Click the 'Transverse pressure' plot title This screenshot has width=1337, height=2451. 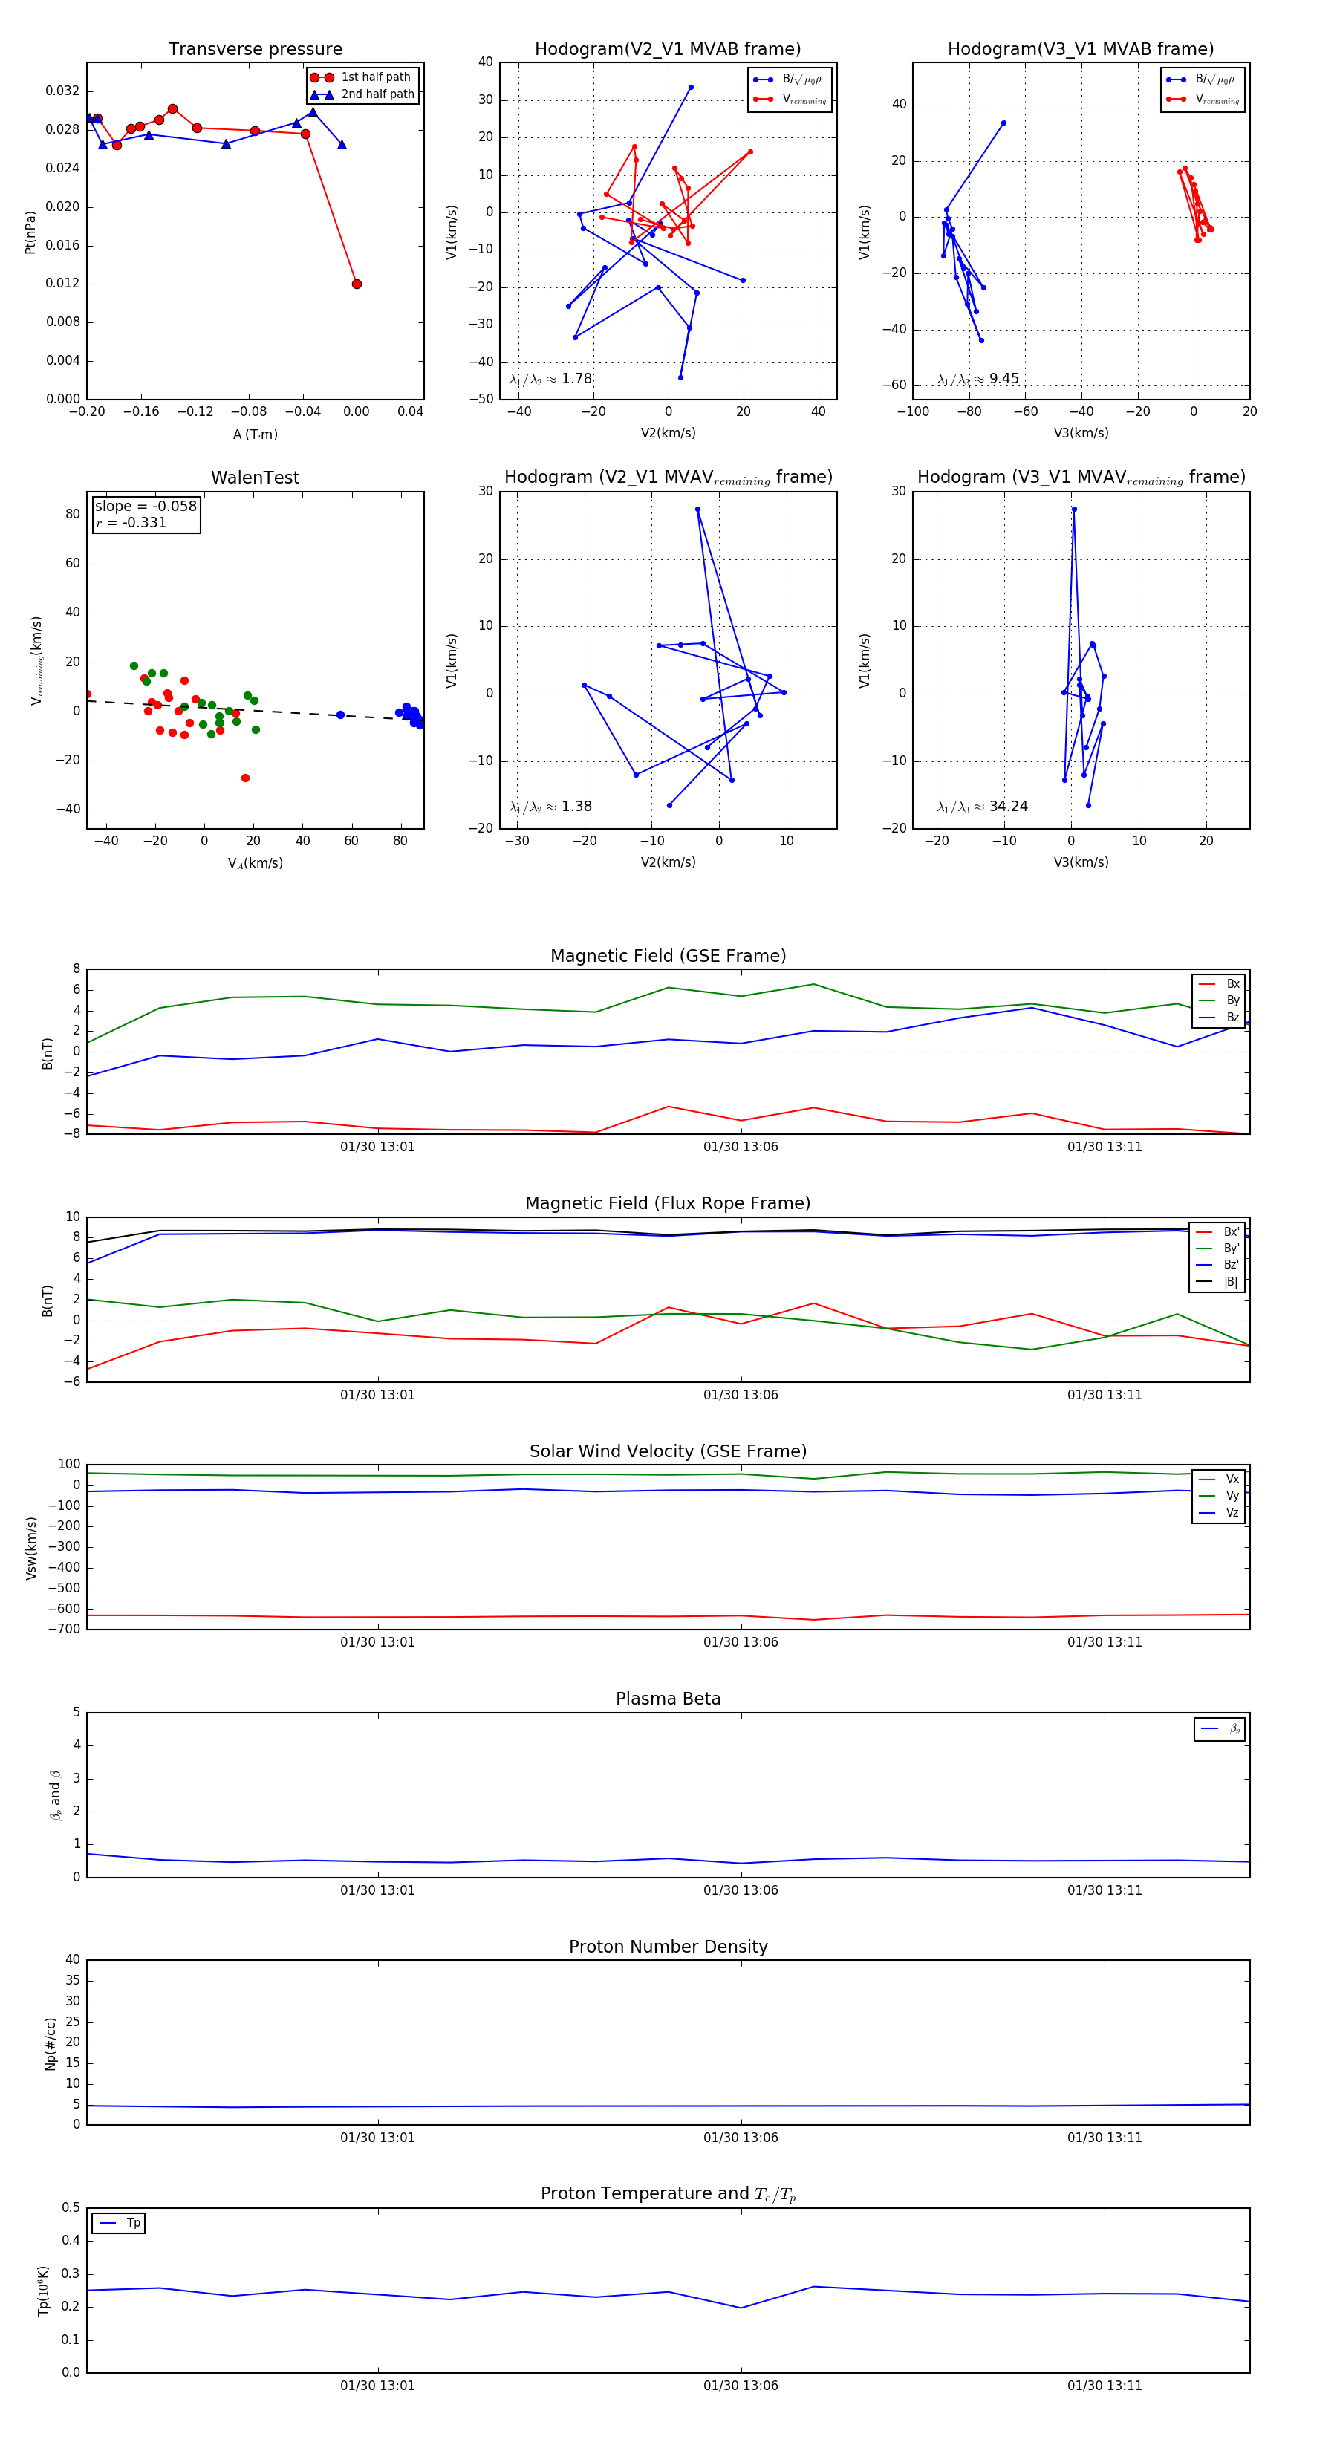tap(255, 50)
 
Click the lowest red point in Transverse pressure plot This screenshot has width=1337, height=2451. tap(357, 284)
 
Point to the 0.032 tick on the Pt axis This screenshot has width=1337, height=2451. tap(63, 91)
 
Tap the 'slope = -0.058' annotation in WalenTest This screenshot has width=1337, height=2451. tap(146, 507)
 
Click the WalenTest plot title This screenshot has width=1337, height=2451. tap(255, 478)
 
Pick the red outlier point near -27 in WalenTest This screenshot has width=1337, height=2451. tap(246, 778)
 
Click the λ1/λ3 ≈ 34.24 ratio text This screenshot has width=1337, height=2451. tap(982, 807)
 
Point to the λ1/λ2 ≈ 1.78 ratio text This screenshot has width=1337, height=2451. tap(551, 379)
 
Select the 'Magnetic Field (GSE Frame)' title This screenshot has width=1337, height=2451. tap(668, 956)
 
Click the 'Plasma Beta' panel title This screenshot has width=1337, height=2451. tap(668, 1699)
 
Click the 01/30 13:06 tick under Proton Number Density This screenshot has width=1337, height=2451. tap(741, 2138)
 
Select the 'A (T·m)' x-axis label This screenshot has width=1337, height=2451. tap(255, 434)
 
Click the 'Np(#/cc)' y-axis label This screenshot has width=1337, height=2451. tap(51, 2044)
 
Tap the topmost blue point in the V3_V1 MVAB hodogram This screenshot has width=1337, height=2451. tap(1003, 123)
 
